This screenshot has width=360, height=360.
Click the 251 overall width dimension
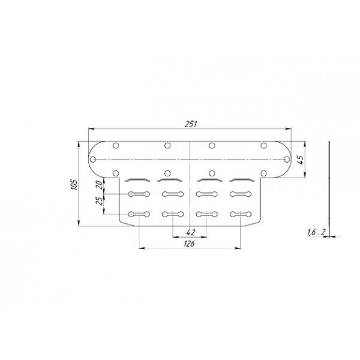(x=191, y=124)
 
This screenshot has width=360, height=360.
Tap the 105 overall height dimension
(x=74, y=184)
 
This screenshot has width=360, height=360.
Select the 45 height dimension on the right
(x=301, y=160)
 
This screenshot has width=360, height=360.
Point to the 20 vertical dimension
(x=99, y=185)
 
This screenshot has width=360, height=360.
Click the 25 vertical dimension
(x=99, y=201)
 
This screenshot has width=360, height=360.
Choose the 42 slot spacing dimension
(x=191, y=233)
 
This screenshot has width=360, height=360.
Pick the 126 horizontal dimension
(x=189, y=244)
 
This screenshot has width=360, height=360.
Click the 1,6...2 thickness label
(x=317, y=232)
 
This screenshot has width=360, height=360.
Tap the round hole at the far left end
(x=93, y=160)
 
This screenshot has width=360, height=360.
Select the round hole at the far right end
(x=287, y=160)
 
